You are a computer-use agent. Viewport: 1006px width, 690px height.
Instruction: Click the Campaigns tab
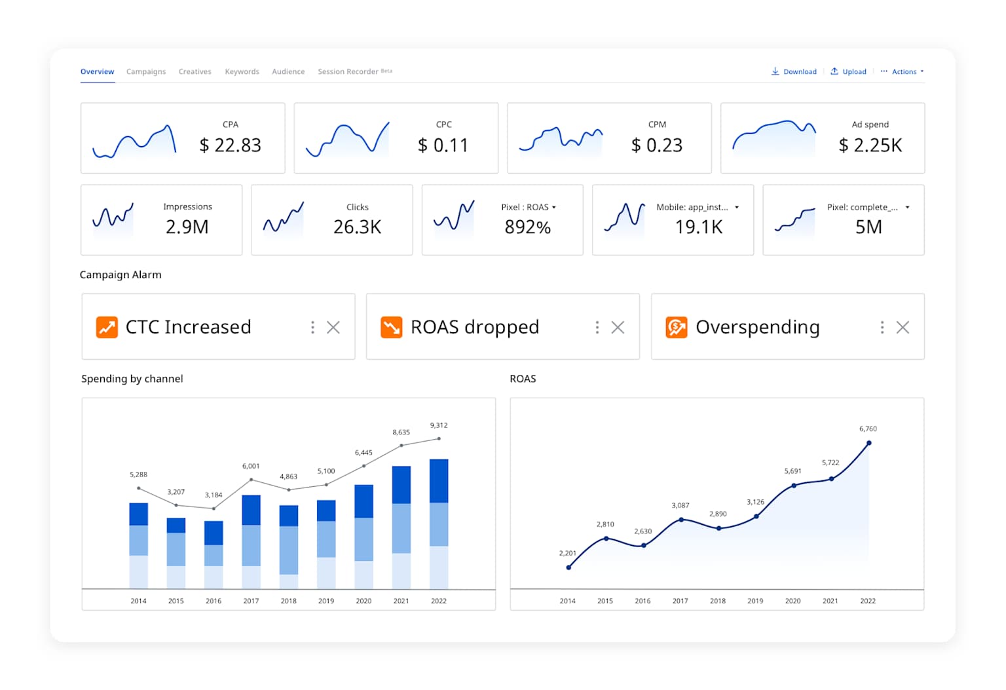[145, 71]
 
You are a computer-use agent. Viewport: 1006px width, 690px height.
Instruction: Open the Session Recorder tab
[348, 71]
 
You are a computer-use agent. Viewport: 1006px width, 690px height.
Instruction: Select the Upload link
[849, 71]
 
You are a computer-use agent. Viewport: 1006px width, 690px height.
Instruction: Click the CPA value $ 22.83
[230, 145]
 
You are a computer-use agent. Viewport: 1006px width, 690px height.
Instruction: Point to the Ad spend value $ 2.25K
[870, 145]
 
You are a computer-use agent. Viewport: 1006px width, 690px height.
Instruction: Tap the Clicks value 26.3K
[357, 227]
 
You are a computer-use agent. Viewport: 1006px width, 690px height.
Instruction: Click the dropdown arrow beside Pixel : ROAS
[554, 207]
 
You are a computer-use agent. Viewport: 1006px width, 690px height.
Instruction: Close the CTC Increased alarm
[333, 327]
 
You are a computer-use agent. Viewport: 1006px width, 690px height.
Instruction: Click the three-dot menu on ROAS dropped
[597, 327]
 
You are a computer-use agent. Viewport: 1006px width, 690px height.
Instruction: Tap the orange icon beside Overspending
[677, 327]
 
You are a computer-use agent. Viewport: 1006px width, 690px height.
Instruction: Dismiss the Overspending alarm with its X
[903, 327]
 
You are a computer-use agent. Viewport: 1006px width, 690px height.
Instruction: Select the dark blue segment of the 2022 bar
[439, 480]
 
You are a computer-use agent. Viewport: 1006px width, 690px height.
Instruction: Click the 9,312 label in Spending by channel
[439, 425]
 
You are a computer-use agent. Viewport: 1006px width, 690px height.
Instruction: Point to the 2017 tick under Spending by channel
[251, 601]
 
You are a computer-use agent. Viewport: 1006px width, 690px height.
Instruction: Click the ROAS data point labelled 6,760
[869, 443]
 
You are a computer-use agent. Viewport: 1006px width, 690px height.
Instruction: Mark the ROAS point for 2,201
[568, 567]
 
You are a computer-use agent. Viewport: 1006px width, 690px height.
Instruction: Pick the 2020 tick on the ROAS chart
[792, 601]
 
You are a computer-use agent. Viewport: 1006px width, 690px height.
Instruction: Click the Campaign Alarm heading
[121, 275]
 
